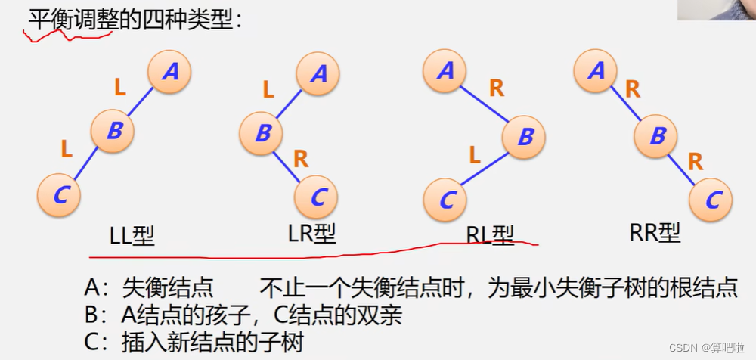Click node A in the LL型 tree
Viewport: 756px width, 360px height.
pos(169,72)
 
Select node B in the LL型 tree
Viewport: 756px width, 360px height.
pos(113,131)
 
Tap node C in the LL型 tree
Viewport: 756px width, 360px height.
pos(59,195)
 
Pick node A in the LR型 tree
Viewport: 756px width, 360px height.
pos(317,74)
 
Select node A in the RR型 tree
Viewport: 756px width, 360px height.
pos(596,71)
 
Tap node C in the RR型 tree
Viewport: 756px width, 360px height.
pos(711,200)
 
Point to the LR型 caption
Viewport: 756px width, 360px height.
pos(311,234)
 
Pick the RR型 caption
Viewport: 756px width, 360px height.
pos(655,234)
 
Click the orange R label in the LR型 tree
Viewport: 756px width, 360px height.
pos(300,160)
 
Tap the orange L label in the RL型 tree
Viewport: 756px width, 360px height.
pos(474,156)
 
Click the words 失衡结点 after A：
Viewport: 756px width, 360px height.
pos(169,288)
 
